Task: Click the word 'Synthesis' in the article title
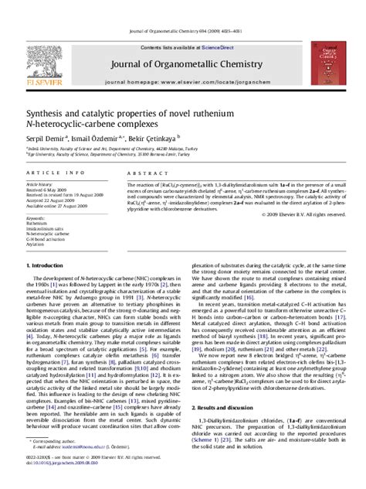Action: pos(46,110)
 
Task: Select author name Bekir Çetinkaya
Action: pos(155,137)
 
